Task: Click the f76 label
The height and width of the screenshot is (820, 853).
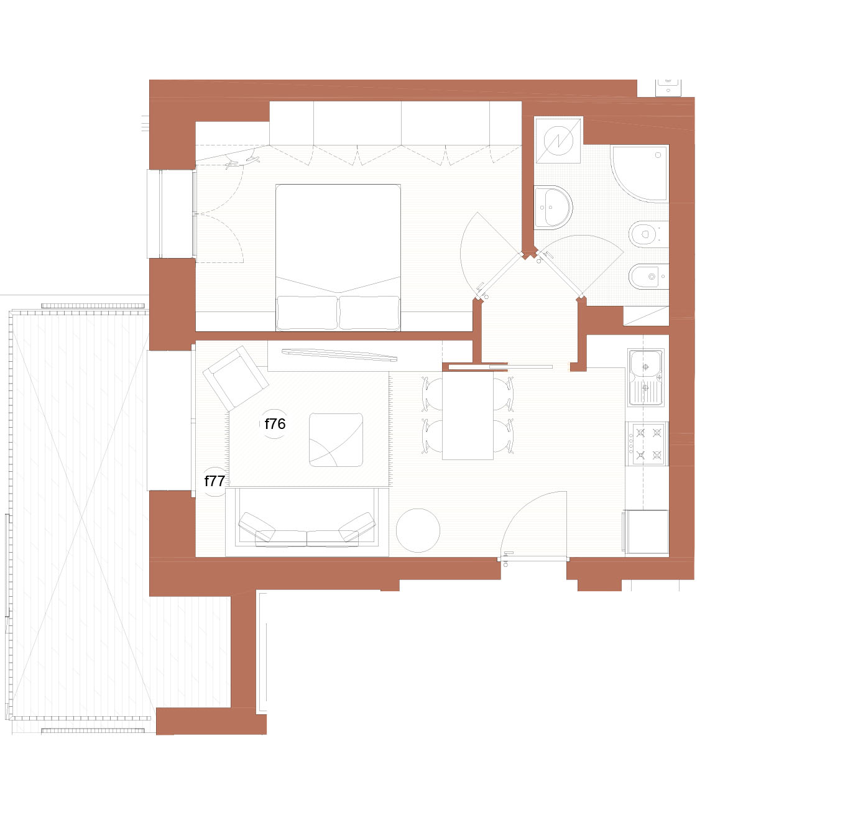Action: pyautogui.click(x=275, y=424)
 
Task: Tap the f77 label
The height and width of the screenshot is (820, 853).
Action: pyautogui.click(x=214, y=481)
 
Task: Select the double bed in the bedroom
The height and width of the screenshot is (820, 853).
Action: pyautogui.click(x=338, y=257)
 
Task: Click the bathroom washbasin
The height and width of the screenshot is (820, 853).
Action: pyautogui.click(x=553, y=207)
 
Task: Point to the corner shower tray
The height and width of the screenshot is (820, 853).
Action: pyautogui.click(x=640, y=173)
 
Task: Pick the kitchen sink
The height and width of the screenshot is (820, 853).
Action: pyautogui.click(x=646, y=377)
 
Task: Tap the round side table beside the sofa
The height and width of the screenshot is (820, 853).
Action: pyautogui.click(x=418, y=530)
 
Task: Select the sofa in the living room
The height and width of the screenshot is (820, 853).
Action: pyautogui.click(x=307, y=522)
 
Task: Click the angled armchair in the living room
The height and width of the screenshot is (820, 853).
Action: pyautogui.click(x=236, y=378)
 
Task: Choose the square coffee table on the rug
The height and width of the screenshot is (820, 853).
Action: pyautogui.click(x=336, y=440)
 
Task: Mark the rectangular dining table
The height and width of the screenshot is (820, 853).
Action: pyautogui.click(x=468, y=415)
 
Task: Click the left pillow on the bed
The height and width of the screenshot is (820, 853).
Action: pyautogui.click(x=307, y=313)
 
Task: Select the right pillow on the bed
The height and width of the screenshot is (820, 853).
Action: pyautogui.click(x=369, y=313)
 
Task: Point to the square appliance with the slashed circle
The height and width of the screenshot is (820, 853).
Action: pyautogui.click(x=558, y=140)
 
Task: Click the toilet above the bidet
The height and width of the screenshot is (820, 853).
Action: pyautogui.click(x=648, y=234)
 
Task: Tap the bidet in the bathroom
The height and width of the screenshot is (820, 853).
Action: pyautogui.click(x=648, y=277)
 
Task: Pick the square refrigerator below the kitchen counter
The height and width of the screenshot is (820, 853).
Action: pyautogui.click(x=646, y=532)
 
